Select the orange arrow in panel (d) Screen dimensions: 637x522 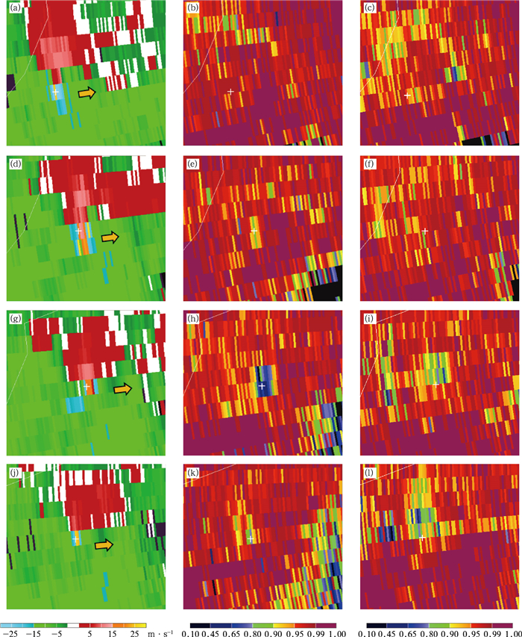pyautogui.click(x=110, y=237)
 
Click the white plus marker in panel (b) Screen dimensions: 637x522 pyautogui.click(x=230, y=91)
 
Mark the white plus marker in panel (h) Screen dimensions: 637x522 pyautogui.click(x=262, y=385)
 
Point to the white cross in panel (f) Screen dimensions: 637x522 pyautogui.click(x=425, y=231)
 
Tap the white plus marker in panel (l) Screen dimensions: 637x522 pyautogui.click(x=422, y=537)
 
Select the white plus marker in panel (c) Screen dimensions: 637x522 pyautogui.click(x=407, y=96)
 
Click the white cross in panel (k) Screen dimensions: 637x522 pyautogui.click(x=251, y=538)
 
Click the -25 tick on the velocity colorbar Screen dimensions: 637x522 pyautogui.click(x=8, y=632)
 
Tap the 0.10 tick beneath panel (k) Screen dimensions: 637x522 pyautogui.click(x=192, y=632)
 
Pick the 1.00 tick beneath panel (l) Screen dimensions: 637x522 pyautogui.click(x=511, y=632)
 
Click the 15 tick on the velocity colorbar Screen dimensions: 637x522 pyautogui.click(x=113, y=632)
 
